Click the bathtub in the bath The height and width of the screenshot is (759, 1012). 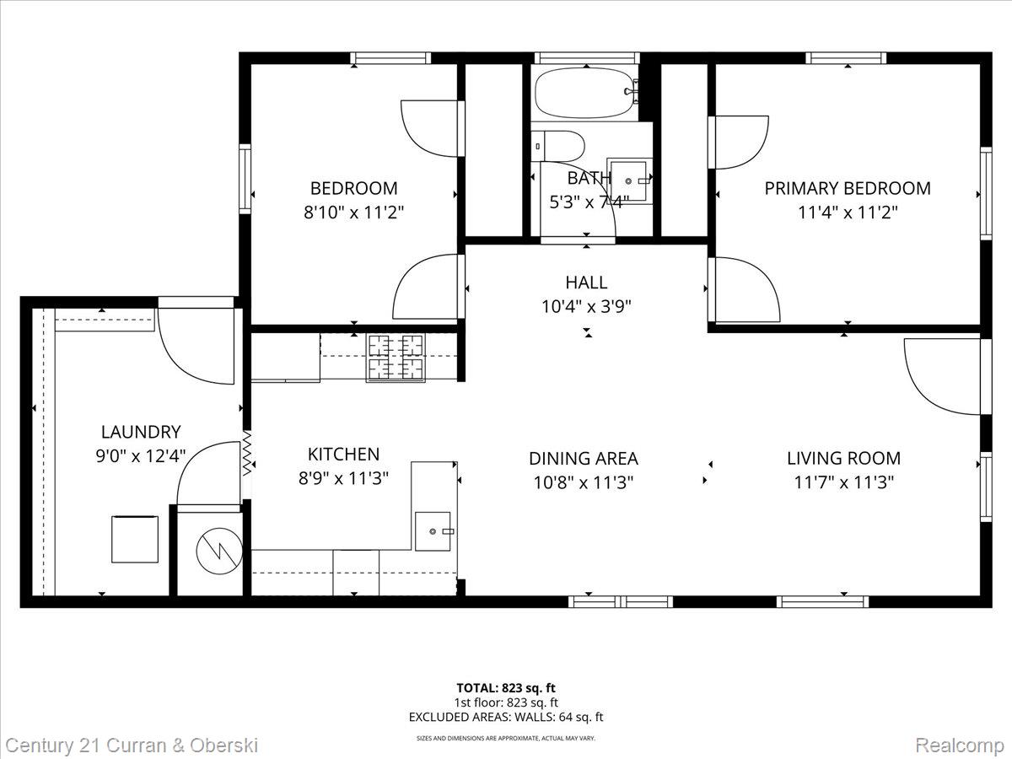[584, 92]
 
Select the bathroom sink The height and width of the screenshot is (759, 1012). [628, 179]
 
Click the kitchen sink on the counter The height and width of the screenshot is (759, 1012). [433, 531]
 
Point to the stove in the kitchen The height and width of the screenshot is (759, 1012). [395, 358]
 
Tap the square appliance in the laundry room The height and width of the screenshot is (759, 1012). [135, 539]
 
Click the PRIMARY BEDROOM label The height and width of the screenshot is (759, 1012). [848, 188]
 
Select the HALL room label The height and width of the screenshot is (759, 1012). [586, 283]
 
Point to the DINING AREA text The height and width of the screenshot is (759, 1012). [584, 459]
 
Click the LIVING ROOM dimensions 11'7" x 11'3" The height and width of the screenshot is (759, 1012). [843, 482]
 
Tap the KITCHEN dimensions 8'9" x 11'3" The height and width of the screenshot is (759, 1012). [342, 479]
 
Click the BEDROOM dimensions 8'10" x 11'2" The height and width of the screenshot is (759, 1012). [353, 213]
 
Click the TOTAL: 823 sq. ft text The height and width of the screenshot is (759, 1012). [506, 688]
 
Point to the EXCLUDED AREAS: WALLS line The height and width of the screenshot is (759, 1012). [506, 718]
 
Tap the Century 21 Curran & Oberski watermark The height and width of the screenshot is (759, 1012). [132, 746]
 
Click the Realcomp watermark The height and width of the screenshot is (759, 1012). [960, 746]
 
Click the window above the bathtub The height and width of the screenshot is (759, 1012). [588, 58]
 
